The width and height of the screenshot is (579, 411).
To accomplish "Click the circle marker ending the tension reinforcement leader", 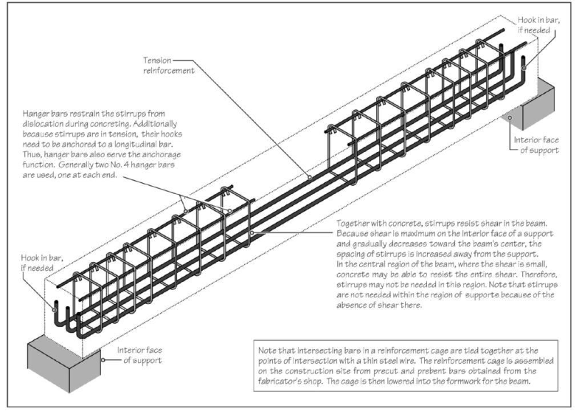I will (x=310, y=178).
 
